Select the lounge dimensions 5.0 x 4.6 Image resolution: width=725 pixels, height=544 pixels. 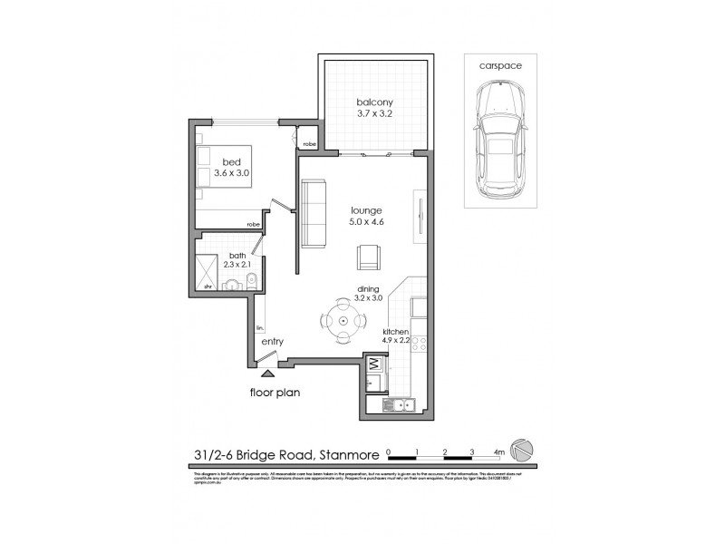pyautogui.click(x=366, y=225)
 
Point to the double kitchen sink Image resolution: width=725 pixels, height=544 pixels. pyautogui.click(x=400, y=405)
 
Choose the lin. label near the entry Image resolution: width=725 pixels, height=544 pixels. pyautogui.click(x=259, y=326)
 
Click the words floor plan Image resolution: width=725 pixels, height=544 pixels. pyautogui.click(x=276, y=393)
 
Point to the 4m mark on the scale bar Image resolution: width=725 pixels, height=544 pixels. pyautogui.click(x=500, y=451)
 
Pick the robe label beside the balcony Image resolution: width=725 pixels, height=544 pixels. pyautogui.click(x=309, y=143)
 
